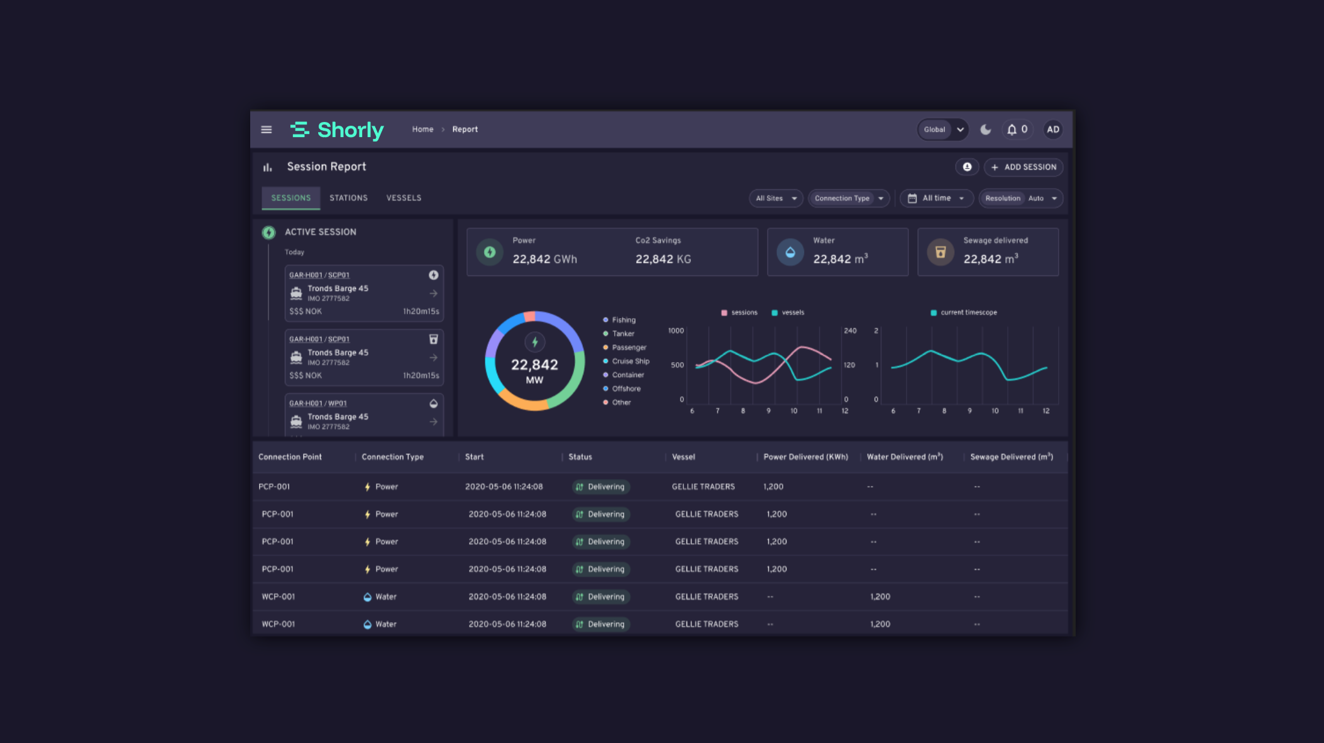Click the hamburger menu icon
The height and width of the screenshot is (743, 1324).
[267, 129]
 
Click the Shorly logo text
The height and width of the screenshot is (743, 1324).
[350, 130]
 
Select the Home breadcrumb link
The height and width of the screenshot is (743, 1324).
[422, 129]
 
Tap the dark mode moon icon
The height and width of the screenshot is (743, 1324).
[986, 129]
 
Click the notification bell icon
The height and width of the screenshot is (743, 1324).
[1012, 129]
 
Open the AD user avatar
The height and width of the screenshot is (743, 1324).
[1053, 129]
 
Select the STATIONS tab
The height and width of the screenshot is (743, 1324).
[348, 198]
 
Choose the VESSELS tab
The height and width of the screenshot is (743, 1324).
[404, 198]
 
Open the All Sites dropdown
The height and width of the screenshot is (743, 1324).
[776, 199]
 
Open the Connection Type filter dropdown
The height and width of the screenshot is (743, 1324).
[849, 199]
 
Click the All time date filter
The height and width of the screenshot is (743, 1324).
[937, 199]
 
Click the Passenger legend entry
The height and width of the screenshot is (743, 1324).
[625, 348]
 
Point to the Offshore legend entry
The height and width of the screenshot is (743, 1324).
[622, 389]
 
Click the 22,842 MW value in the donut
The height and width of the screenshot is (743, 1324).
[534, 370]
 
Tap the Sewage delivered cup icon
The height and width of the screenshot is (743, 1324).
[941, 252]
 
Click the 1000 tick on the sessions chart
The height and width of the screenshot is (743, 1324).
[676, 331]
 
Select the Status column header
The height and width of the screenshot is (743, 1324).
[580, 457]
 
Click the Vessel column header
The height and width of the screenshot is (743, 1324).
[683, 457]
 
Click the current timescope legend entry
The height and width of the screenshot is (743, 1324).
[964, 312]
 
